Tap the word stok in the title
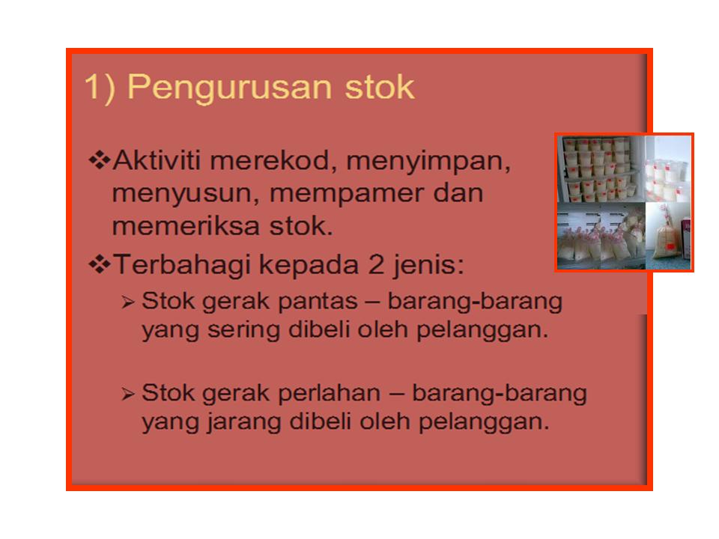[x=379, y=87]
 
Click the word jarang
[x=230, y=421]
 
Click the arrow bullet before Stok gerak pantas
[x=128, y=303]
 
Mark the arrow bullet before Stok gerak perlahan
[x=128, y=394]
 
